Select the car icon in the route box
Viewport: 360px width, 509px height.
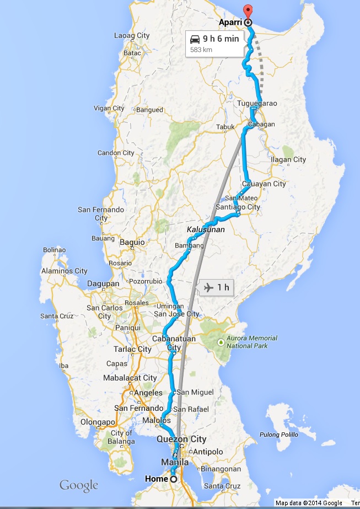click(195, 39)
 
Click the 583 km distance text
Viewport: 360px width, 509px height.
click(202, 50)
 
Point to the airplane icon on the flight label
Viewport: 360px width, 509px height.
click(208, 287)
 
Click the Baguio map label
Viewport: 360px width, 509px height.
click(132, 242)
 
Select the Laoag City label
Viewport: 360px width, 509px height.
click(131, 35)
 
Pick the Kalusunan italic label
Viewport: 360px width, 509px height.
click(205, 229)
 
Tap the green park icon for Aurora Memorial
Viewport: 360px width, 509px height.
click(221, 342)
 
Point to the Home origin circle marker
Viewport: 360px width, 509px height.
click(174, 479)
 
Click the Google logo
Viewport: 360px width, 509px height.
click(79, 486)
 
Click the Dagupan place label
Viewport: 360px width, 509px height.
click(103, 283)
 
